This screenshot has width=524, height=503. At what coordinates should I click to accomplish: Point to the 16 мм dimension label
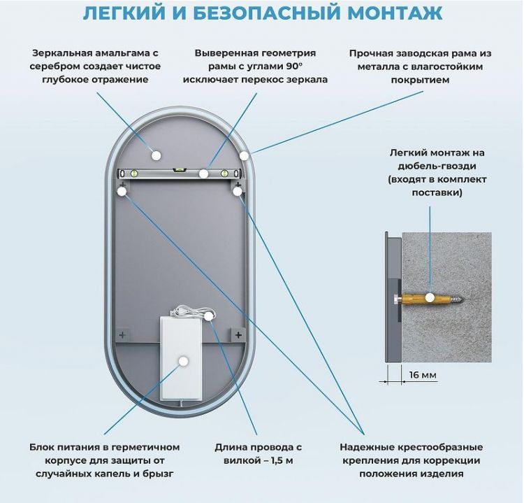(x=422, y=375)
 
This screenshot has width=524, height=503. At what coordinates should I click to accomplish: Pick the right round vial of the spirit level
(x=225, y=173)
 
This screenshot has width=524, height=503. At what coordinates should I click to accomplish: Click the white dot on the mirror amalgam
(x=156, y=155)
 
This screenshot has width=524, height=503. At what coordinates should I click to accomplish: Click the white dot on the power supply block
(x=183, y=361)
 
